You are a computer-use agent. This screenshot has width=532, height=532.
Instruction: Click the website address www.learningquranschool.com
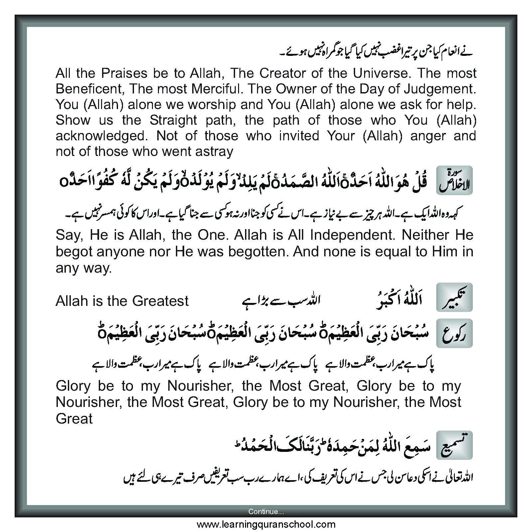pos(266,524)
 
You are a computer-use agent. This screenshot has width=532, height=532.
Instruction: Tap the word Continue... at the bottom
pos(266,511)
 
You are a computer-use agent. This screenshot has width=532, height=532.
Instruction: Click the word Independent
pos(352,235)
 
